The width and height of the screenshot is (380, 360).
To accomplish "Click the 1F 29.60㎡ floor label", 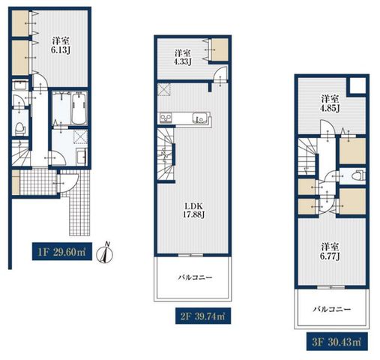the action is click(x=62, y=252).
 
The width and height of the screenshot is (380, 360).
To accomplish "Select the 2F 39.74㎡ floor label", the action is click(x=203, y=316).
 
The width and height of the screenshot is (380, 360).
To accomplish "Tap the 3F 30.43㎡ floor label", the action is click(x=337, y=341).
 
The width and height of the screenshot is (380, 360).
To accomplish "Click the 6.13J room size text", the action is click(x=61, y=50).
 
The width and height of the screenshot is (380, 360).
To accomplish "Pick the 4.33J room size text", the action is click(x=183, y=61).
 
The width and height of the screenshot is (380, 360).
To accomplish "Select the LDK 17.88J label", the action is click(x=194, y=210).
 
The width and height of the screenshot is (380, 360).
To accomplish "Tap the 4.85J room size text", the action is click(x=330, y=109).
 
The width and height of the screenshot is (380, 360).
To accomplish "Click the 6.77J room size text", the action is click(x=330, y=256).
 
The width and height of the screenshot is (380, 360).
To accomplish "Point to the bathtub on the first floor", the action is click(x=79, y=108).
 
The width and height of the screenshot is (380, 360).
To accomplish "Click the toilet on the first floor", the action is click(x=20, y=128).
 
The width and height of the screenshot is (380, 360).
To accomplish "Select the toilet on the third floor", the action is click(x=358, y=175).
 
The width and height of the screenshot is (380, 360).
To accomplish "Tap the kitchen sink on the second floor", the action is click(x=199, y=118).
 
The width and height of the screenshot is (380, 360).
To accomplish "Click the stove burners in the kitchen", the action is click(x=166, y=118).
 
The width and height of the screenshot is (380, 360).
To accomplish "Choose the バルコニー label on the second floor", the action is click(x=195, y=277).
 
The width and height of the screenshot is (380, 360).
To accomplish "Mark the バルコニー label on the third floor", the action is click(x=332, y=310).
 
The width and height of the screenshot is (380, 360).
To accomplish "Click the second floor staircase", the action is click(x=166, y=154).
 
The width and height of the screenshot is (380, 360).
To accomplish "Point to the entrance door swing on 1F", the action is click(x=69, y=182).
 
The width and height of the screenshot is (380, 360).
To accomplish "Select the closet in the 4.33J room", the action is click(x=220, y=49).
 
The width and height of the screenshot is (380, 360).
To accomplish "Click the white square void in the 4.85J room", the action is click(x=358, y=85).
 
